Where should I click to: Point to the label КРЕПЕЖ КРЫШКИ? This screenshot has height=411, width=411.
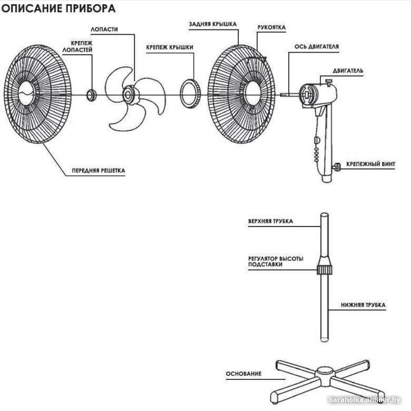click(170, 47)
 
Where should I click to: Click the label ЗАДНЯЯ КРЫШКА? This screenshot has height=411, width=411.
click(212, 24)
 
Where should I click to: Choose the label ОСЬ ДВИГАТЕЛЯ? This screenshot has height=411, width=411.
click(316, 46)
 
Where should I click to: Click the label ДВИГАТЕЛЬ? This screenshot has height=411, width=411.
click(348, 70)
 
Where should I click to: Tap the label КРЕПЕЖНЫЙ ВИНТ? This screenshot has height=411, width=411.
click(370, 164)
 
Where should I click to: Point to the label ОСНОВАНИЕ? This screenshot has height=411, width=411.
click(243, 374)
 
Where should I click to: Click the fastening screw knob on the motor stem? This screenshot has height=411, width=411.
click(335, 168)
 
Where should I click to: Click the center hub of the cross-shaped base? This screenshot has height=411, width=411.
click(322, 375)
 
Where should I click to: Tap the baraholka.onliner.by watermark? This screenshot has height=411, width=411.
click(369, 400)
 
